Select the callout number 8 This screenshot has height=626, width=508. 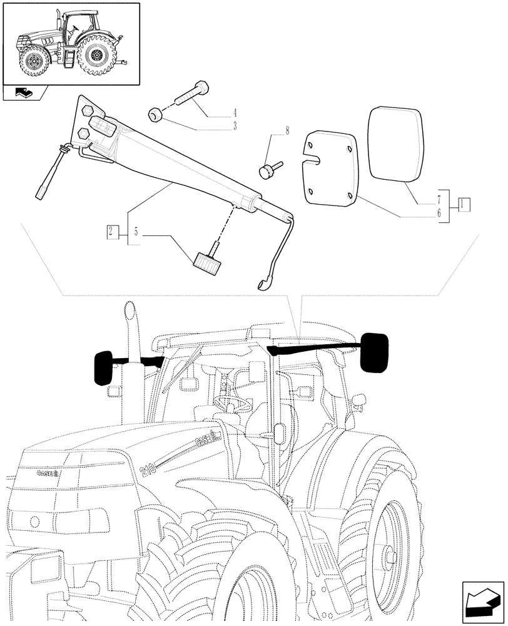(288, 131)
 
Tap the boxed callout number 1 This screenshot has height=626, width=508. (464, 203)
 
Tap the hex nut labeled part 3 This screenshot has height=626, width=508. (156, 115)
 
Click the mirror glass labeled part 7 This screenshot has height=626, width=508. (397, 144)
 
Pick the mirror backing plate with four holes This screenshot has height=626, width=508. (330, 166)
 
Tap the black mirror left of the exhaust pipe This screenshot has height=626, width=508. (103, 368)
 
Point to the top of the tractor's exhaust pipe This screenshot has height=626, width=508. (130, 309)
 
